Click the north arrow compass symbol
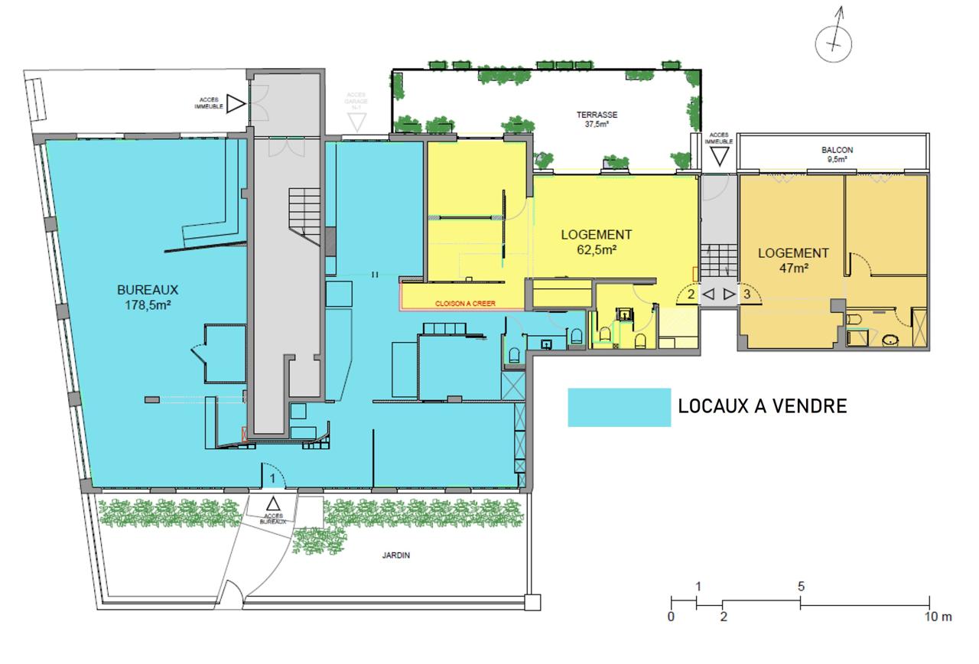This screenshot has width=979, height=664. [834, 43]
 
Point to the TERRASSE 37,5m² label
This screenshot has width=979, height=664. [597, 119]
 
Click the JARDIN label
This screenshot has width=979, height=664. [398, 556]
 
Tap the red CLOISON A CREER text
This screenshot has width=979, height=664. [465, 304]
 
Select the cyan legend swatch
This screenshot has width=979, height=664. [619, 407]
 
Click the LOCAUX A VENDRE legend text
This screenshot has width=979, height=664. [763, 406]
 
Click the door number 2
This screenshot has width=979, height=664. [691, 293]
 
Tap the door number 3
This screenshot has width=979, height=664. [747, 293]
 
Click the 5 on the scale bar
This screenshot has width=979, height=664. [800, 588]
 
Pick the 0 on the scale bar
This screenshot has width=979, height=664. [671, 617]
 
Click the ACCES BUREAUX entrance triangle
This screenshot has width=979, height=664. [273, 503]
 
